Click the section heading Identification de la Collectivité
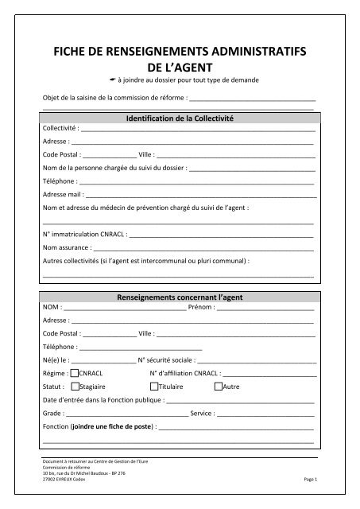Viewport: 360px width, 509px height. pos(180,118)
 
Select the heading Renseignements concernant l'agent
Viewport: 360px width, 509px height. pos(180,296)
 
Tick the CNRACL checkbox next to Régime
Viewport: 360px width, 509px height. pos(75,372)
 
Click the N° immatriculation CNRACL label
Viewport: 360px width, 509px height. pos(83,235)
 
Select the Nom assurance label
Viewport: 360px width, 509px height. pos(66,248)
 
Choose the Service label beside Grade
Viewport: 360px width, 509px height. pos(203,413)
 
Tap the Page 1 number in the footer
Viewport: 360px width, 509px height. pos(310,480)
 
